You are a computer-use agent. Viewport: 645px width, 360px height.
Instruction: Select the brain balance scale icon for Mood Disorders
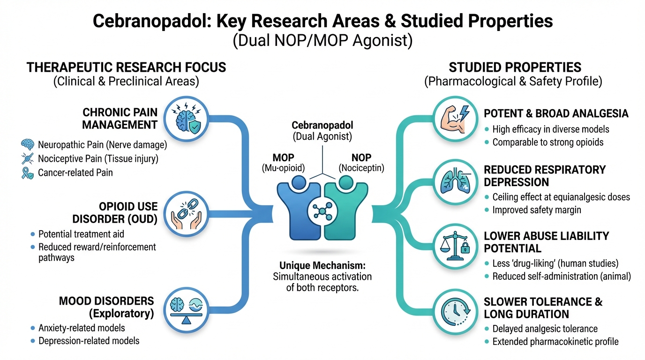click(187, 308)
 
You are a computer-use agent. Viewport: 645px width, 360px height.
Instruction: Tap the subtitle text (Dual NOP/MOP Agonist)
click(322, 41)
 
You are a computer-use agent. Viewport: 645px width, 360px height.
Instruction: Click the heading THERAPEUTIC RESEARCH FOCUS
click(126, 67)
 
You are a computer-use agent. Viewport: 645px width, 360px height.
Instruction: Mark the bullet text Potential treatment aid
click(81, 233)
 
